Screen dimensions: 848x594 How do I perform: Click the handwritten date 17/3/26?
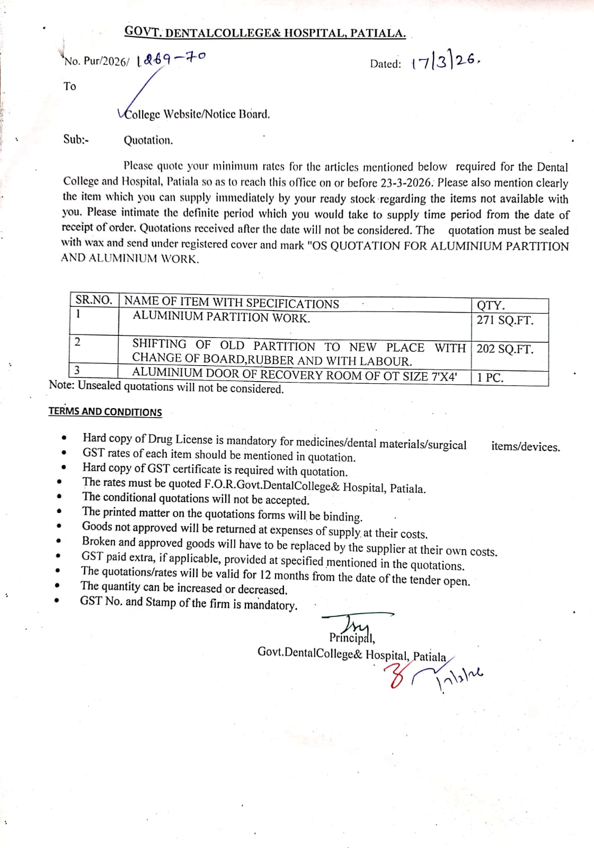pos(445,63)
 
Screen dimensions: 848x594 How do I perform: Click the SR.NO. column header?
pos(94,300)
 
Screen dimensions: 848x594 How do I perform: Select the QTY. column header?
pos(491,305)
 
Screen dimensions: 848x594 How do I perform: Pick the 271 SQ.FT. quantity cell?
pos(505,320)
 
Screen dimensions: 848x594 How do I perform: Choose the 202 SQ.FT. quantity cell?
pos(505,349)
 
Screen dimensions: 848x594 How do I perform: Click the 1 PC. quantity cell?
pos(490,377)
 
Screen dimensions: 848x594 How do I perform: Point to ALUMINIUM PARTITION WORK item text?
pos(221,317)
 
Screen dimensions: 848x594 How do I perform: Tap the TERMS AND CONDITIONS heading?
pos(105,412)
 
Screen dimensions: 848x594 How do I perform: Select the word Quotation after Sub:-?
pos(148,140)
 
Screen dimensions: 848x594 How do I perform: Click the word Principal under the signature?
pos(351,638)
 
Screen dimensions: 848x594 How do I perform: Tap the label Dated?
pos(385,64)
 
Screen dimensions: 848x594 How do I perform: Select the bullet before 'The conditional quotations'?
pos(59,497)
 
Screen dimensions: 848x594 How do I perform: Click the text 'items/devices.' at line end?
pos(525,447)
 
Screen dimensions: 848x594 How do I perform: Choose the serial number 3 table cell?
pos(77,370)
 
